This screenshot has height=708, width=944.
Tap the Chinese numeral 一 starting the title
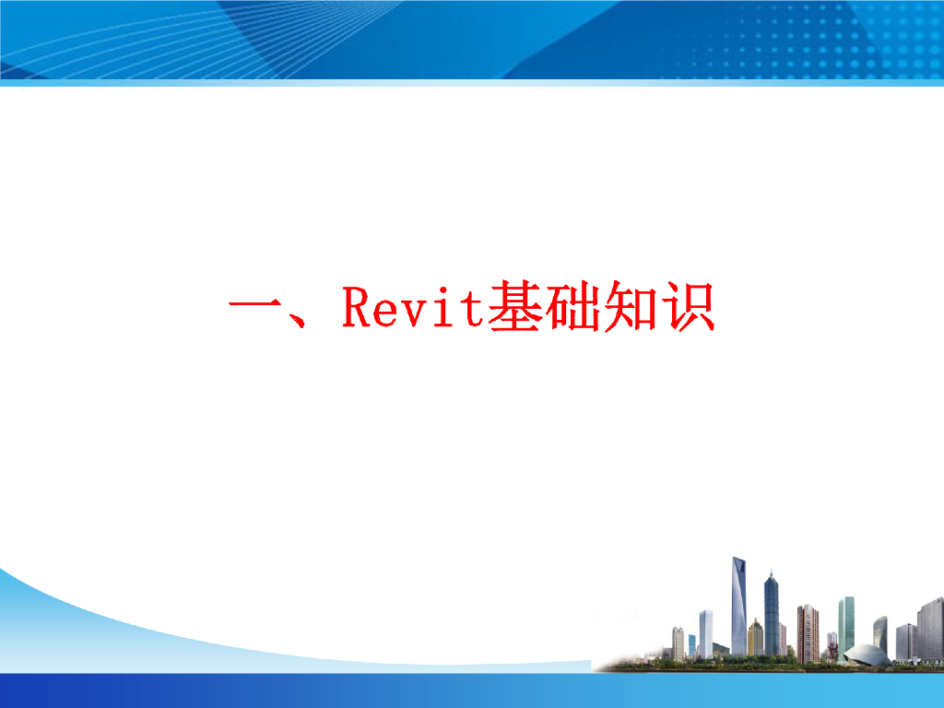pos(254,305)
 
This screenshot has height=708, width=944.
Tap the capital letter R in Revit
pos(356,307)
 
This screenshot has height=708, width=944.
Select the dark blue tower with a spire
pos(772,614)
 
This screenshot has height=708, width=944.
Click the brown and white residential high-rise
pos(808,633)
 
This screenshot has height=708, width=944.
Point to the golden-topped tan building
pos(756,637)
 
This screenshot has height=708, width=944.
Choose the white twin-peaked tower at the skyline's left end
pos(678,643)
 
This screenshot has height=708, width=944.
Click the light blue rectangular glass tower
pos(705,633)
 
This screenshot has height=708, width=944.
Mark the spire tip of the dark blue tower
pos(772,570)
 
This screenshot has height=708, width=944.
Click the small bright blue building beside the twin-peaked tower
pos(691,645)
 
